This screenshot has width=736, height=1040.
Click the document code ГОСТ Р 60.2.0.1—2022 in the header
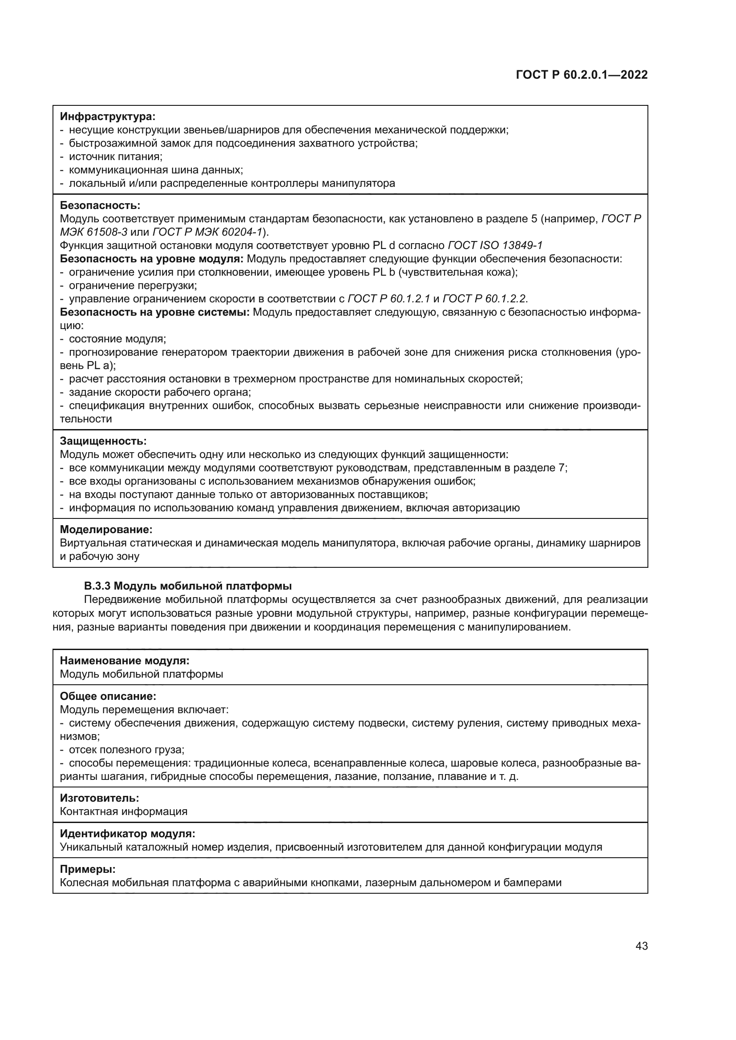point(582,75)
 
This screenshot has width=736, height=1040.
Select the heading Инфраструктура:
point(107,116)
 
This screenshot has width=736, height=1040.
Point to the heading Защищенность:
point(103,441)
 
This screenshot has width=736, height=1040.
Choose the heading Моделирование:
point(106,529)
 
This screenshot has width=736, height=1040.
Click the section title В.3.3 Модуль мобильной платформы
point(188,586)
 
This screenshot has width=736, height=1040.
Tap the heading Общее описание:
point(108,696)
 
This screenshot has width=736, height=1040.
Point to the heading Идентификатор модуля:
point(127,833)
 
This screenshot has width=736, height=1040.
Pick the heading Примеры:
point(88,869)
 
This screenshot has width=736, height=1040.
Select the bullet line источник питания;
point(116,157)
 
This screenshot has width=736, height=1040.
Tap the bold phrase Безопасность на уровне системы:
point(154,312)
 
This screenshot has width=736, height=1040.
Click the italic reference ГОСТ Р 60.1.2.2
point(485,299)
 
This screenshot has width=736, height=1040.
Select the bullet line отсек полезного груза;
point(126,749)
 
